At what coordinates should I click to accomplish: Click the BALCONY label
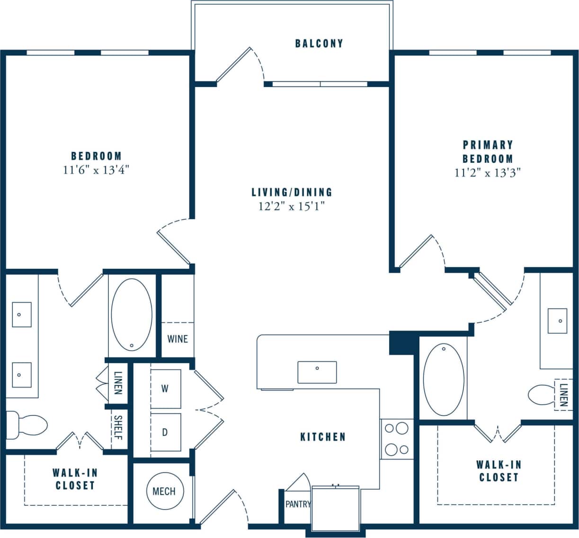(x=319, y=44)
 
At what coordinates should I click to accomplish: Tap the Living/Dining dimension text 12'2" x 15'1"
(x=292, y=206)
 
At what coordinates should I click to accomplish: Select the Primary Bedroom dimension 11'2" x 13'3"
(x=487, y=173)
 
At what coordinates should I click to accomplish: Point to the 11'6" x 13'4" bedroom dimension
(x=96, y=170)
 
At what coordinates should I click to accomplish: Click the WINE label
(x=178, y=339)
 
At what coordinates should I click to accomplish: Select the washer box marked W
(x=165, y=388)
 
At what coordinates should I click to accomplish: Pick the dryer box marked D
(x=165, y=432)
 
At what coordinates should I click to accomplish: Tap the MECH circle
(x=164, y=492)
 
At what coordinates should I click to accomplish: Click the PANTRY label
(x=297, y=504)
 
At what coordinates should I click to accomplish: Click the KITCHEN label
(x=323, y=437)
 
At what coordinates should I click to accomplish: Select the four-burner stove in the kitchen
(x=397, y=439)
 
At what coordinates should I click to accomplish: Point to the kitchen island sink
(x=317, y=372)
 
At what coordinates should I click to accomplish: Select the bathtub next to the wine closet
(x=132, y=315)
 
